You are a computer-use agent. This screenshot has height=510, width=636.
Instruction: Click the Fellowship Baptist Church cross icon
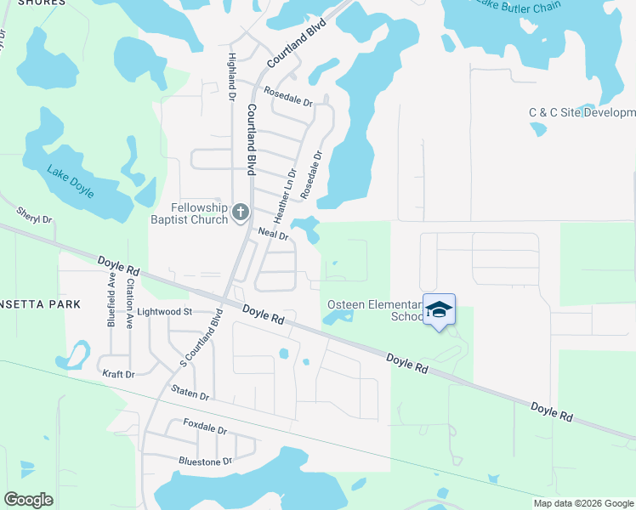click(241, 212)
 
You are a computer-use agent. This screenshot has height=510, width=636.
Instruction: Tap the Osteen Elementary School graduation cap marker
click(439, 310)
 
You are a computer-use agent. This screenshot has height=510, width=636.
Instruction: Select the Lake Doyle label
click(69, 178)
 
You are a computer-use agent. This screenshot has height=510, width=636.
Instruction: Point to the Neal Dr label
click(275, 232)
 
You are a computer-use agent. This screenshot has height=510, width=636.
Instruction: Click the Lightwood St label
click(166, 312)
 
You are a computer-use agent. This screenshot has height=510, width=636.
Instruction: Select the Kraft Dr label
click(118, 374)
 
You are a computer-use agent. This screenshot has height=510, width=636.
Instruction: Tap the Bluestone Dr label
click(205, 462)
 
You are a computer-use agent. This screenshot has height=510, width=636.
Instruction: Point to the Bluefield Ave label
click(111, 300)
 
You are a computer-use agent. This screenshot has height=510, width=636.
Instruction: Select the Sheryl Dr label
click(35, 213)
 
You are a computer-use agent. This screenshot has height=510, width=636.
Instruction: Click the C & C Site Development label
click(582, 112)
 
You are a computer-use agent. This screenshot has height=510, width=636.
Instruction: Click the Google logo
click(28, 499)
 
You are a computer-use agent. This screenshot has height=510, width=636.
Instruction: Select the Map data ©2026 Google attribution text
click(583, 503)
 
